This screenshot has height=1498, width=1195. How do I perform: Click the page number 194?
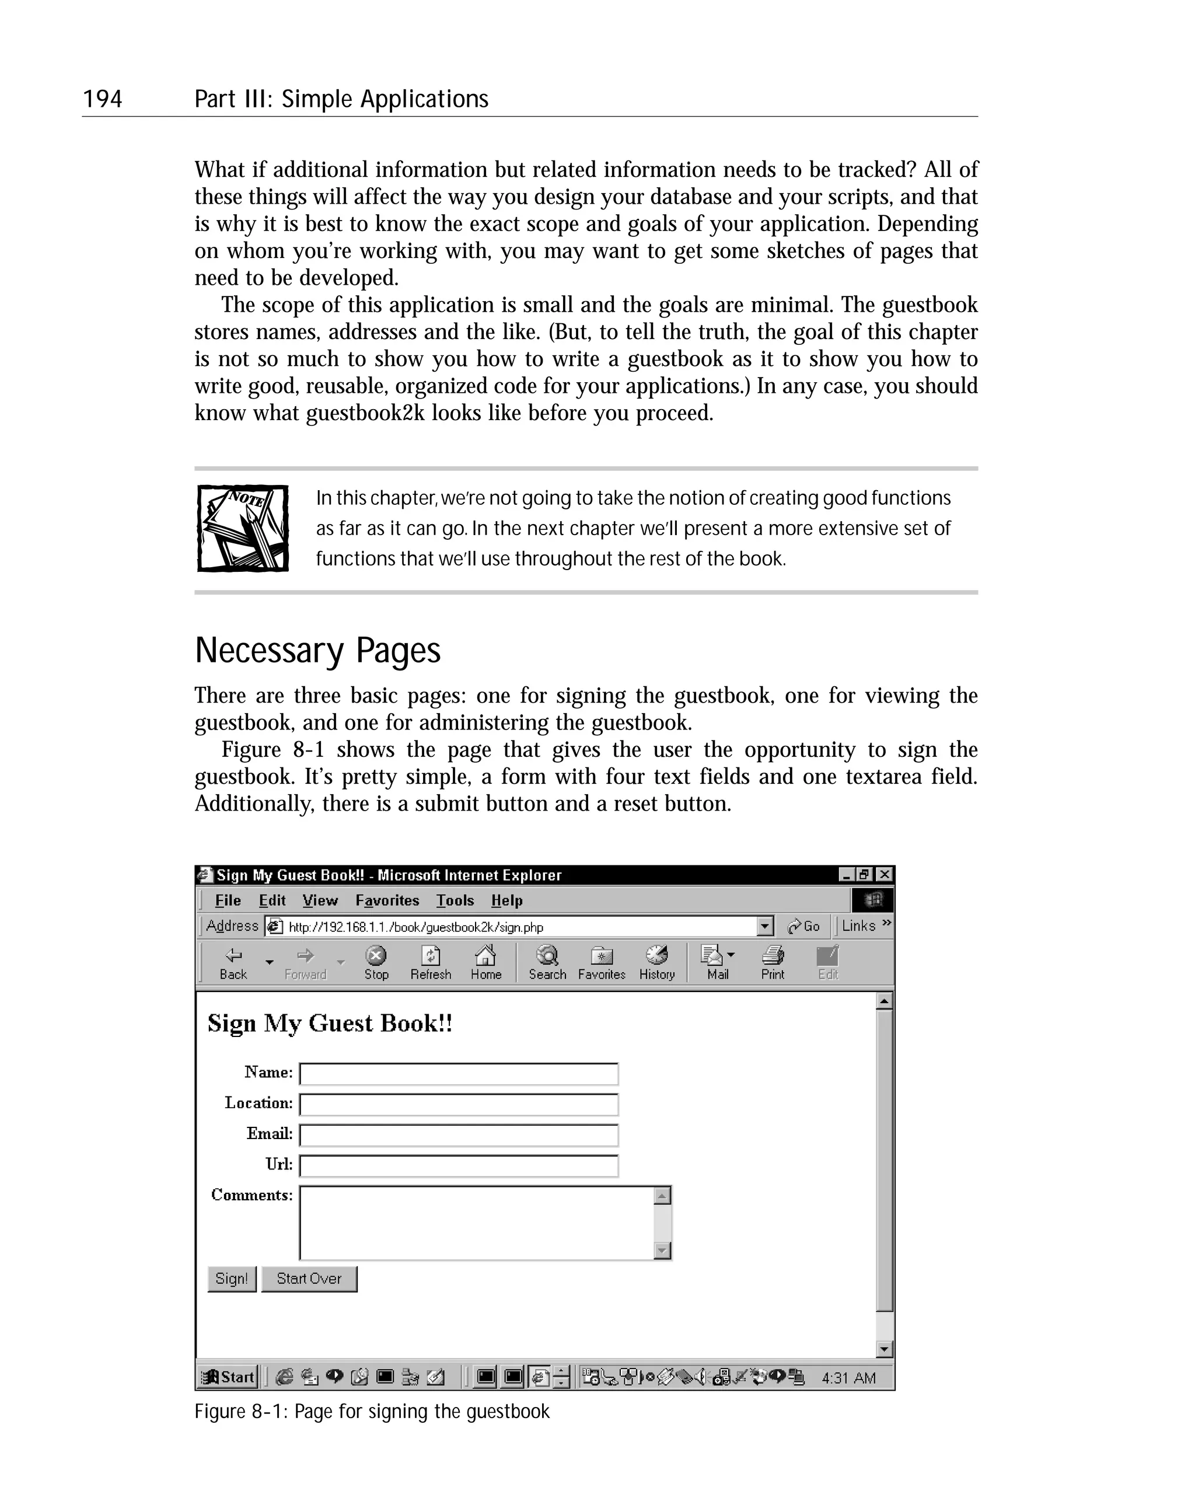(x=102, y=99)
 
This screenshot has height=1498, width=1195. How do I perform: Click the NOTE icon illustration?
(x=243, y=528)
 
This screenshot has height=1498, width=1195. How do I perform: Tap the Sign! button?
(x=232, y=1279)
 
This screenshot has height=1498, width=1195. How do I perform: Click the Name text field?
(x=459, y=1074)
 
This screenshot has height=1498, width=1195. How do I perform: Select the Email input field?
(x=459, y=1134)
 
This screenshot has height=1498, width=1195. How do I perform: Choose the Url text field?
(x=459, y=1165)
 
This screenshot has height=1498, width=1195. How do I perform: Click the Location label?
(x=258, y=1103)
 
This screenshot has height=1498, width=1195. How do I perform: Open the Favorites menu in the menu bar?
(x=387, y=900)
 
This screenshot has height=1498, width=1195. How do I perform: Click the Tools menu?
(x=455, y=900)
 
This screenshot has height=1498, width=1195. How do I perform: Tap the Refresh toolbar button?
(x=431, y=962)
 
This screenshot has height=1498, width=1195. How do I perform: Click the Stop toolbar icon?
(x=376, y=962)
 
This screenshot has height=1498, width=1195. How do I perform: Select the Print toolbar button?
(x=772, y=962)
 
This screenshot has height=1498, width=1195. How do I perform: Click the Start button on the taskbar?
(x=228, y=1377)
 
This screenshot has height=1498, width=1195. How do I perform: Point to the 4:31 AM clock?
(x=848, y=1378)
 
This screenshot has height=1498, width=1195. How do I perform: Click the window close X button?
(x=884, y=875)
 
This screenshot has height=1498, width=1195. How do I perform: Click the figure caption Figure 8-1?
(x=372, y=1412)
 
